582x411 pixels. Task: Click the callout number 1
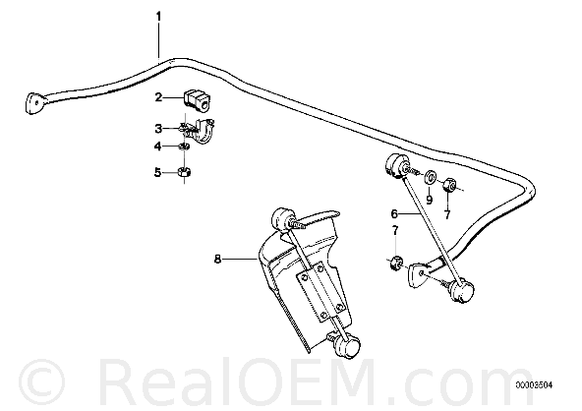159,17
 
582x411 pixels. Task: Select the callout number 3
158,129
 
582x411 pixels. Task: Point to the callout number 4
158,147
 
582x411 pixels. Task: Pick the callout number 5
158,172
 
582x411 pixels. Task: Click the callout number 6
394,213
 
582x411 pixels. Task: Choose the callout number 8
217,259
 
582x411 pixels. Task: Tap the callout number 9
429,201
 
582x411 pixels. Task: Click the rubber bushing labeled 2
197,99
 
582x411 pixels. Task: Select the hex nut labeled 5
185,172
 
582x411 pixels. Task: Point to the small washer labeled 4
185,146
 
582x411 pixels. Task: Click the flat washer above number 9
431,177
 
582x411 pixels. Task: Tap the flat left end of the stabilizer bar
34,102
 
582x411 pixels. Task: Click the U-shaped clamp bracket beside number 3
204,131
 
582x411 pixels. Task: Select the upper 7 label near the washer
447,214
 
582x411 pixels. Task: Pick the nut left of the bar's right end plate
396,263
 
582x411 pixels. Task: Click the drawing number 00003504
534,385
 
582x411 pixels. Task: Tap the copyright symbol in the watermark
41,382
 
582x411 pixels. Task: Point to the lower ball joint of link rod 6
461,290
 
